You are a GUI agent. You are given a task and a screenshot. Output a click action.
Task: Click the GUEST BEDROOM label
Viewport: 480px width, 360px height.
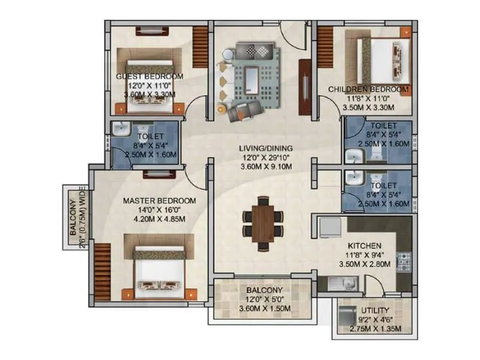point(149,77)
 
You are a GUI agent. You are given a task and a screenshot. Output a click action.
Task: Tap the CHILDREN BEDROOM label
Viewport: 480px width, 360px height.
point(368,89)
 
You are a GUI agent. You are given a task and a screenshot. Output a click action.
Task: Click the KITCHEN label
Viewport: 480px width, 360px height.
point(365,246)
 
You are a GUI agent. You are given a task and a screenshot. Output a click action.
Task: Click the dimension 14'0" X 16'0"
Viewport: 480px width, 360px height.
point(160,209)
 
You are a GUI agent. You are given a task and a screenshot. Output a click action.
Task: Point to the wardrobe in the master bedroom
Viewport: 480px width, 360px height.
point(103,268)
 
